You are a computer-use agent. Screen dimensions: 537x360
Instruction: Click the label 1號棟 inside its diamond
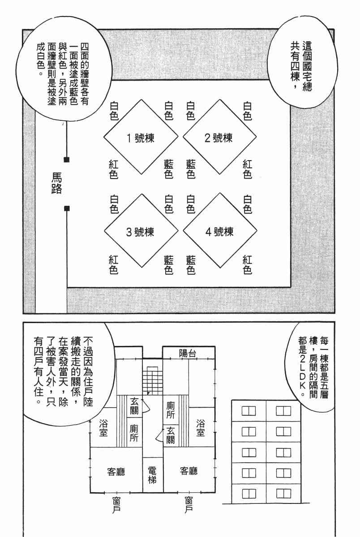pos(140,138)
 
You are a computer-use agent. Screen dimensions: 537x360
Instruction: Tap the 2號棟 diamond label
pos(218,138)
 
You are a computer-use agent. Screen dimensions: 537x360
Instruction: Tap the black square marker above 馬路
pos(66,159)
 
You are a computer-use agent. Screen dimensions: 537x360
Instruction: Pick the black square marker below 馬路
pos(66,208)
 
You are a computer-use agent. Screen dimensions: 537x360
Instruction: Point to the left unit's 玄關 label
pos(133,405)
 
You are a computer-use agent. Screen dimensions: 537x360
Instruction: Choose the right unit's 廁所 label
pos(171,410)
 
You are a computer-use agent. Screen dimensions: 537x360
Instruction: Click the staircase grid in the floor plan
pos(152,379)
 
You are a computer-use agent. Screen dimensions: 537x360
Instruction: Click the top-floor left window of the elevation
pos(249,411)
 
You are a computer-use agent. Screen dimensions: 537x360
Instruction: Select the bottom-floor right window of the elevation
pos(283,493)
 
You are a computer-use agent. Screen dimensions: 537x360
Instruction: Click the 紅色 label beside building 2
pos(247,170)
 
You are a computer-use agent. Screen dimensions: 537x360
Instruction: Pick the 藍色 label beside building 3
pos(169,264)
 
